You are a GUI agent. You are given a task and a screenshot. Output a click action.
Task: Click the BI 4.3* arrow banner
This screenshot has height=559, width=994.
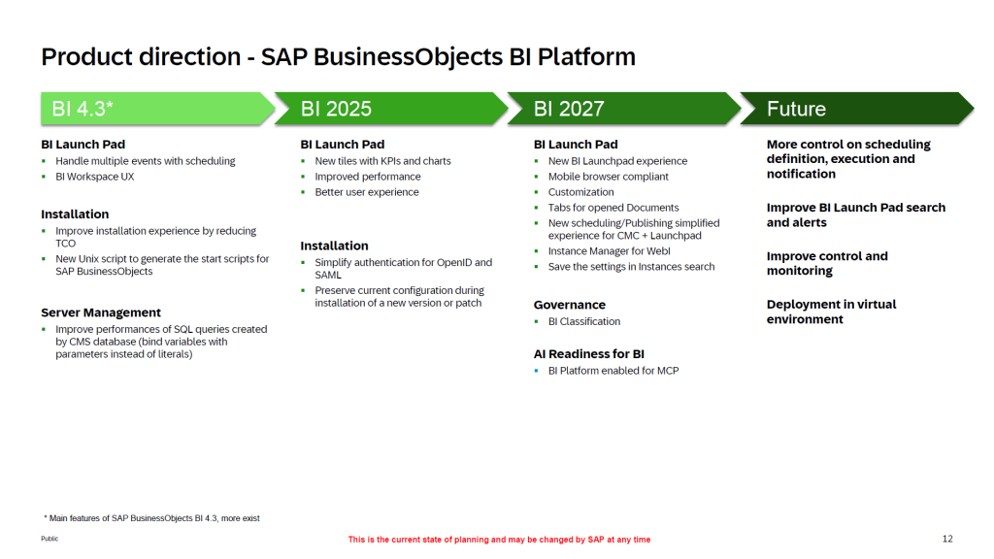157,109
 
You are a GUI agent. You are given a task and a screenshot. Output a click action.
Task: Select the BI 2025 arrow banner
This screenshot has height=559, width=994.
390,109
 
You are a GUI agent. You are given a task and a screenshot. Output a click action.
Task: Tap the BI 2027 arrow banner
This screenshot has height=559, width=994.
624,109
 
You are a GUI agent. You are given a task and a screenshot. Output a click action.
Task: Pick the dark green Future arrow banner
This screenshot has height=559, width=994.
856,109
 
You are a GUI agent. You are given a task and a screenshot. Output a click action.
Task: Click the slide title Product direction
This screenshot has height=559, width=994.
339,57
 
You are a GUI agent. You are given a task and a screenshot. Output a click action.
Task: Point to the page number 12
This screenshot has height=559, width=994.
947,539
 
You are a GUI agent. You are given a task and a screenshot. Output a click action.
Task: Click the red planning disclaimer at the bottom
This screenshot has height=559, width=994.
499,540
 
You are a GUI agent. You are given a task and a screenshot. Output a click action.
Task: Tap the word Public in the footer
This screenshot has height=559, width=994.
50,539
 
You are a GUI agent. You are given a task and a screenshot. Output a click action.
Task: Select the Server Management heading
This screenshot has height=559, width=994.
101,312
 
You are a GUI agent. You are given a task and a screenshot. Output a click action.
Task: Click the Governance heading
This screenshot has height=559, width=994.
569,305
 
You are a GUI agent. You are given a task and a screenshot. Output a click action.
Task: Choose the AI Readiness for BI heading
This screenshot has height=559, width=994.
589,354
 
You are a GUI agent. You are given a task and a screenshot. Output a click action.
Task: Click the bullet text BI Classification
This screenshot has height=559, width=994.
583,321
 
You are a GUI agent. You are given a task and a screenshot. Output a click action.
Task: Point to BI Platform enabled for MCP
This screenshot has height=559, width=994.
613,371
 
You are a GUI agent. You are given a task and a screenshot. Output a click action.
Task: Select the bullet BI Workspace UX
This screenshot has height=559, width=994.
94,177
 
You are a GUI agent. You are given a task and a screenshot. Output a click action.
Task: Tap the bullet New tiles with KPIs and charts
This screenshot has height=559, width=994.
382,161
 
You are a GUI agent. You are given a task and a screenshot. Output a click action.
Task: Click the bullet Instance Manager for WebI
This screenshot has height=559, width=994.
610,251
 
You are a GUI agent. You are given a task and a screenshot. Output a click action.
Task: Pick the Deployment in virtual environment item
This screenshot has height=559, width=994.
831,312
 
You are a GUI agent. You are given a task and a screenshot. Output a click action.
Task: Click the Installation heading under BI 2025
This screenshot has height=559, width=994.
334,246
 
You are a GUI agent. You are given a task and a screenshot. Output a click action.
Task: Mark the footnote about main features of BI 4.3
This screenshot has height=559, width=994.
151,518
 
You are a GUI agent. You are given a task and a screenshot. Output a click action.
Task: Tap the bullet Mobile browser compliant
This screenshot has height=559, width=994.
608,177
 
